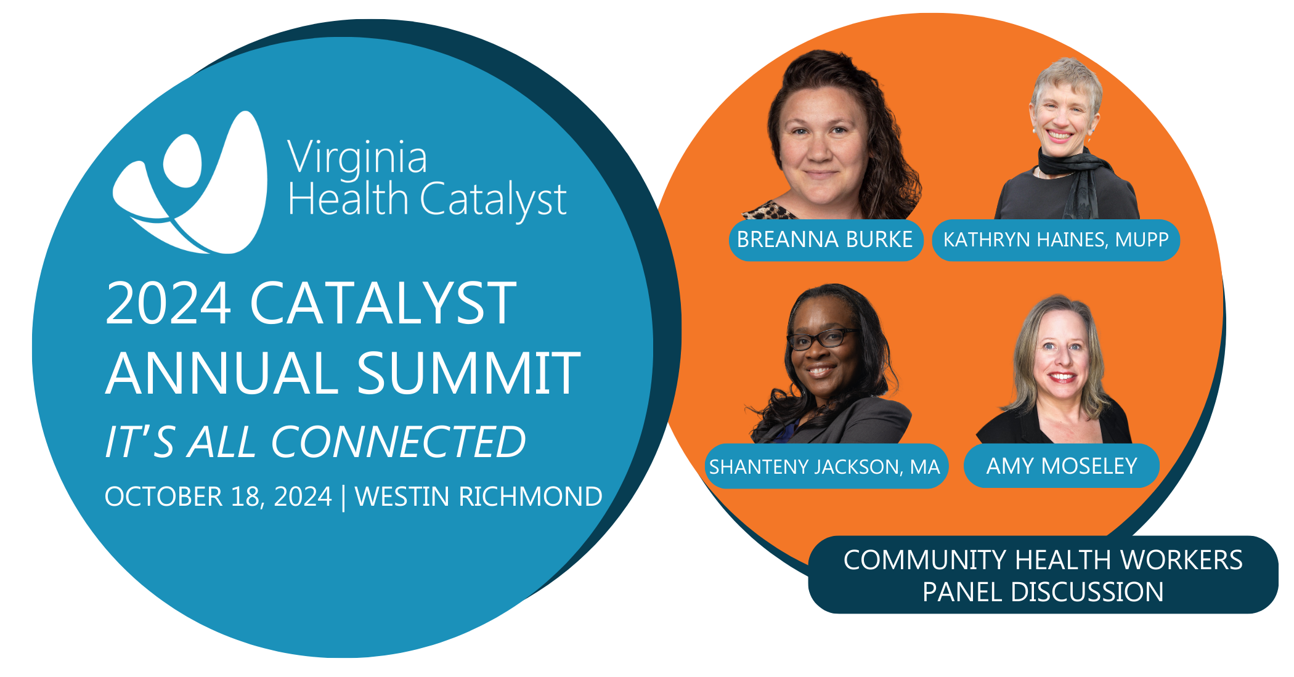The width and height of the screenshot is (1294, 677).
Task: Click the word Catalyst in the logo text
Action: (x=493, y=201)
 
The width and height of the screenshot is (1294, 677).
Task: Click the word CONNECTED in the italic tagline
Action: (x=399, y=442)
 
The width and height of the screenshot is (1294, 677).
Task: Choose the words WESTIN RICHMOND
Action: (x=479, y=497)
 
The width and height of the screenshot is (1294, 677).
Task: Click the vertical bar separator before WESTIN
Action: (x=343, y=498)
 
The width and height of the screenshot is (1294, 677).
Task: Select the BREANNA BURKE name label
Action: (x=826, y=240)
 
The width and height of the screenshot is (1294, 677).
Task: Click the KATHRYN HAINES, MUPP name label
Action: (x=1056, y=240)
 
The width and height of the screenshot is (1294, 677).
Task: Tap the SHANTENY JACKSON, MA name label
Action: (x=826, y=466)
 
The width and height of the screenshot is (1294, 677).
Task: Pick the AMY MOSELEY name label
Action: (x=1062, y=466)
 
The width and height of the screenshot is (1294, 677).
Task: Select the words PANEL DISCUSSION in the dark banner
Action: (x=1043, y=592)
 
